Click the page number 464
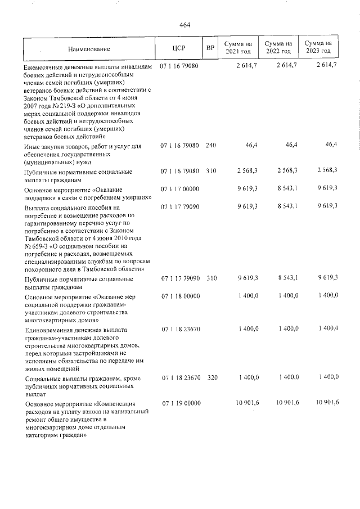coord(185,24)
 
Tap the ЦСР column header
coord(179,48)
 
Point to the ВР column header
coord(210,48)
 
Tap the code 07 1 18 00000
coord(179,295)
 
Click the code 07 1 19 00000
coord(179,403)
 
